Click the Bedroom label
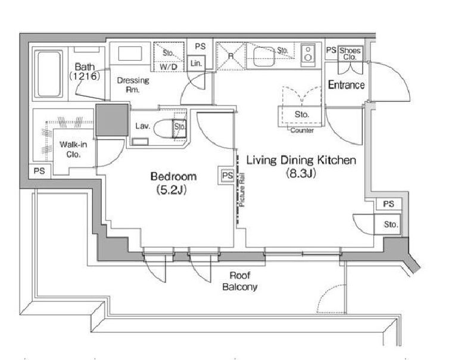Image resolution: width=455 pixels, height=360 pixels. [173, 176]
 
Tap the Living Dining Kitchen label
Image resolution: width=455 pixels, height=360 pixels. [301, 160]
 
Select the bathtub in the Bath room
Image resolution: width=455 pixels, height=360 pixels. [49, 74]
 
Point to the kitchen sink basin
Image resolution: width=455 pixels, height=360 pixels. [264, 56]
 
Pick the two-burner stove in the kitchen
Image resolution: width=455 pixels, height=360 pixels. [308, 55]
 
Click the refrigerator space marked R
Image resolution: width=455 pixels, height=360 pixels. [231, 56]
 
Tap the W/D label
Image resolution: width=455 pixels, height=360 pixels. [169, 67]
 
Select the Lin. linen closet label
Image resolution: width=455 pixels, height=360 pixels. [196, 63]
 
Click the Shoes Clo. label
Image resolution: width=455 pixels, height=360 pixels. [350, 54]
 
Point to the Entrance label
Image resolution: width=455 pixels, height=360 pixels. [346, 85]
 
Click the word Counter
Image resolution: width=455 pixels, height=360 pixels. [302, 131]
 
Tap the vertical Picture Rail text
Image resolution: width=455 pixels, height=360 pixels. [242, 190]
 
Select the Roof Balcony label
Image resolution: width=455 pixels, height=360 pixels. [239, 281]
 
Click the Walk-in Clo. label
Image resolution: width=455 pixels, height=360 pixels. [73, 149]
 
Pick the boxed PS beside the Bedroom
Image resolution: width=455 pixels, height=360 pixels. [227, 176]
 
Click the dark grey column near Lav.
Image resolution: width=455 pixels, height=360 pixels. [112, 120]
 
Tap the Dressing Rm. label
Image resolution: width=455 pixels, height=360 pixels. [133, 85]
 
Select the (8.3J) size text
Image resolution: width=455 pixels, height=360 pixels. [301, 173]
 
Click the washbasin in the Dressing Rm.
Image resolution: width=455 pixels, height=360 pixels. [130, 54]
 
